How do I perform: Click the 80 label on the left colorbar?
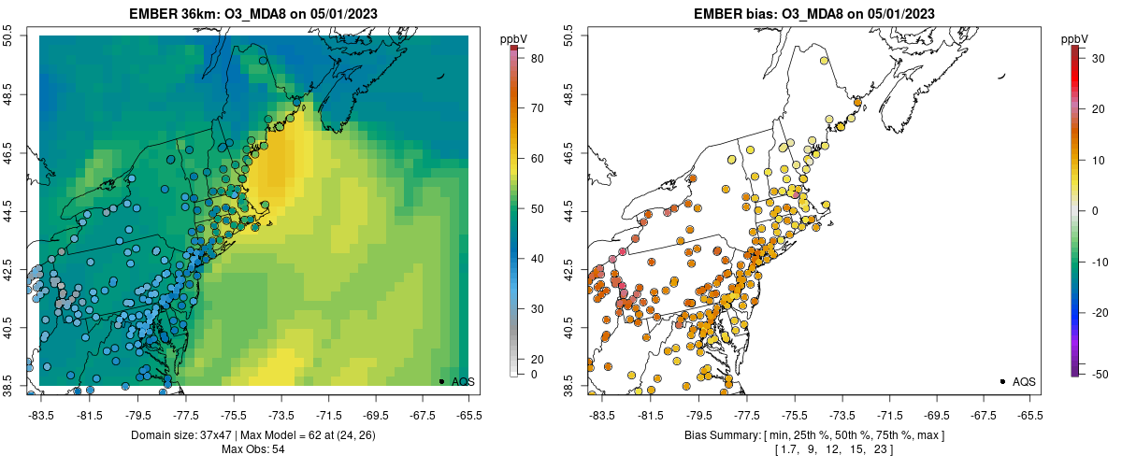pos(538,59)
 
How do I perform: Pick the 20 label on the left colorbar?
pos(538,359)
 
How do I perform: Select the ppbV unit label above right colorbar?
pos(1077,38)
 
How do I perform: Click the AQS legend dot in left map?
pos(441,381)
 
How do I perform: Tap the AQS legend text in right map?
pos(1024,381)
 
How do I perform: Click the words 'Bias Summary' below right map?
pos(718,436)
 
